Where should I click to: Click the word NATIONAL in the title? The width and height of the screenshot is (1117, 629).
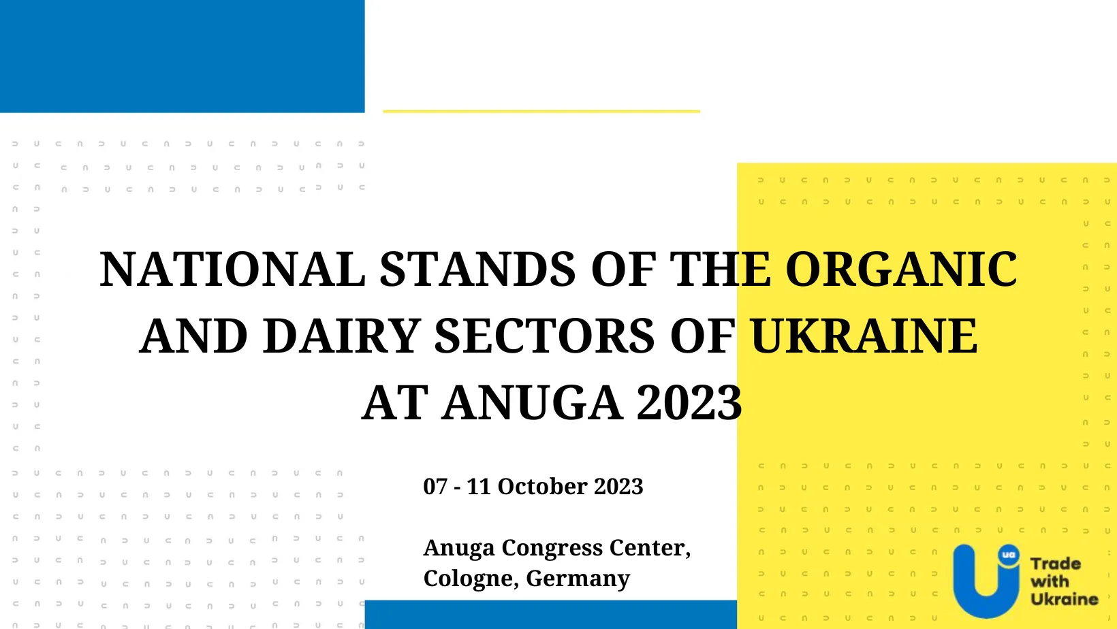pos(232,269)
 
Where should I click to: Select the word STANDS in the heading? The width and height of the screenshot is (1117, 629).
pos(477,269)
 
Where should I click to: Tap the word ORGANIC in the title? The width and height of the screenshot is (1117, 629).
pos(902,269)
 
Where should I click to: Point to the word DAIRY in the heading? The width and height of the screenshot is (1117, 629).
pos(341,336)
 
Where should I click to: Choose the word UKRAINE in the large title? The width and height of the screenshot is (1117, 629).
pos(864,336)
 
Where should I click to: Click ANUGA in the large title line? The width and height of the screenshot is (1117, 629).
pos(532,402)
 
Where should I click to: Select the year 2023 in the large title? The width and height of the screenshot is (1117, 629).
pos(690,402)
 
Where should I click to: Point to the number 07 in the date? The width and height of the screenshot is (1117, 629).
pos(435,487)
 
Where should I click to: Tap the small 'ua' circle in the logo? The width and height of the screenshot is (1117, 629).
pos(1009,555)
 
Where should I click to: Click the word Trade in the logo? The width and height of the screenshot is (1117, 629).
pos(1056,564)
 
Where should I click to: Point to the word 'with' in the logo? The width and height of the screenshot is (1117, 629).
pos(1050,581)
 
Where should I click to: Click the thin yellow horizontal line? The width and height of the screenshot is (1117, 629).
pos(541,112)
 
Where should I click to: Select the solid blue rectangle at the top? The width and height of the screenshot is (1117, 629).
pos(183,57)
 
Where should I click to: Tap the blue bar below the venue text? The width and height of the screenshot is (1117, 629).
pos(551,615)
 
